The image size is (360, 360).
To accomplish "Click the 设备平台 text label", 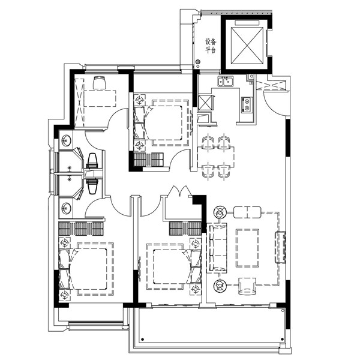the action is click(x=211, y=46).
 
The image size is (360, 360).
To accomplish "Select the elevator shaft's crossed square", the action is click(x=247, y=46).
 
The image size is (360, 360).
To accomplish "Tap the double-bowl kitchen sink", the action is click(x=226, y=81).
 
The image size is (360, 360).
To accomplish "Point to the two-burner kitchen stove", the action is click(x=247, y=104).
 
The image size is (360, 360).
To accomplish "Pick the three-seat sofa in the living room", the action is click(x=217, y=248).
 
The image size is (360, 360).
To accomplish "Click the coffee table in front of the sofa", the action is click(x=247, y=248).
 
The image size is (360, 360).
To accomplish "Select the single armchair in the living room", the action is click(x=247, y=286).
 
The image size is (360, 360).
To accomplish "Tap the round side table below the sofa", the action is click(x=220, y=286).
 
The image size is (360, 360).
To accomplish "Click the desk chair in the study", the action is click(x=100, y=83).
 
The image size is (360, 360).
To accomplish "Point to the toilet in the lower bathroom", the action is click(x=93, y=184).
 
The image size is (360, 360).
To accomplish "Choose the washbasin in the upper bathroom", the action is click(x=67, y=140).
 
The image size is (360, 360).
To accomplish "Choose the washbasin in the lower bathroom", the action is click(x=67, y=208).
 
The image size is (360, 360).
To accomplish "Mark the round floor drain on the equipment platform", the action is click(x=197, y=62).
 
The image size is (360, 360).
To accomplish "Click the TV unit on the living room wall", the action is click(x=280, y=247).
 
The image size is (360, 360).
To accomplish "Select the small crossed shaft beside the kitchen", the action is click(x=205, y=102).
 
